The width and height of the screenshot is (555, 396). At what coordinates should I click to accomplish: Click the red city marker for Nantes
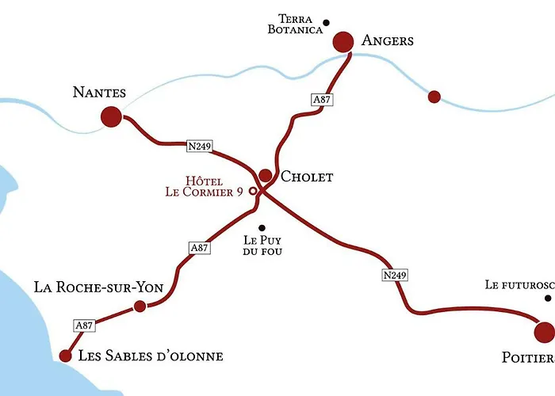click(112, 117)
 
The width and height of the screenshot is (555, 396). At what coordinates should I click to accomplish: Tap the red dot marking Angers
click(343, 41)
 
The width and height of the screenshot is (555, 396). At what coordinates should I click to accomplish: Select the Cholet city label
click(307, 177)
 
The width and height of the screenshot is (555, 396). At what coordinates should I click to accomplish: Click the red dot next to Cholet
click(266, 176)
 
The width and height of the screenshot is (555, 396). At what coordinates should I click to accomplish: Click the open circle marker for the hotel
click(254, 191)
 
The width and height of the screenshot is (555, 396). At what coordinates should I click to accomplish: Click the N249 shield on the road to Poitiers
click(394, 276)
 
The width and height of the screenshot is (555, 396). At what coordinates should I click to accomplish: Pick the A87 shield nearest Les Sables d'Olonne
click(84, 325)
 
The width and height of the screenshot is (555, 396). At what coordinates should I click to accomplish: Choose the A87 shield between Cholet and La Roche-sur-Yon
click(200, 248)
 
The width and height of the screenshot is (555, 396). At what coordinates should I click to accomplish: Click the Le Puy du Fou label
click(262, 245)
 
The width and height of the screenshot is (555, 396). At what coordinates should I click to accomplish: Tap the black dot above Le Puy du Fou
click(262, 228)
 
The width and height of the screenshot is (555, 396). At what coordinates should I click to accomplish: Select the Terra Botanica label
click(295, 24)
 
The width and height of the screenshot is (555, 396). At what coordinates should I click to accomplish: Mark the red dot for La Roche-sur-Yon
click(140, 306)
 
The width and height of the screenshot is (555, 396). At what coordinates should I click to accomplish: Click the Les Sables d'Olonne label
click(151, 356)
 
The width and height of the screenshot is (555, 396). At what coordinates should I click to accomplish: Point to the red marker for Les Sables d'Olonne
click(66, 356)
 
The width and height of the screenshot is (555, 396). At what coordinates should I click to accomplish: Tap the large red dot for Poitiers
click(545, 332)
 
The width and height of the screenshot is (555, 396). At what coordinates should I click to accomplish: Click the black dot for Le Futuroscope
click(547, 299)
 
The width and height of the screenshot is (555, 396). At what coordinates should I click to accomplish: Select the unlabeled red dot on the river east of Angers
click(434, 97)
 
